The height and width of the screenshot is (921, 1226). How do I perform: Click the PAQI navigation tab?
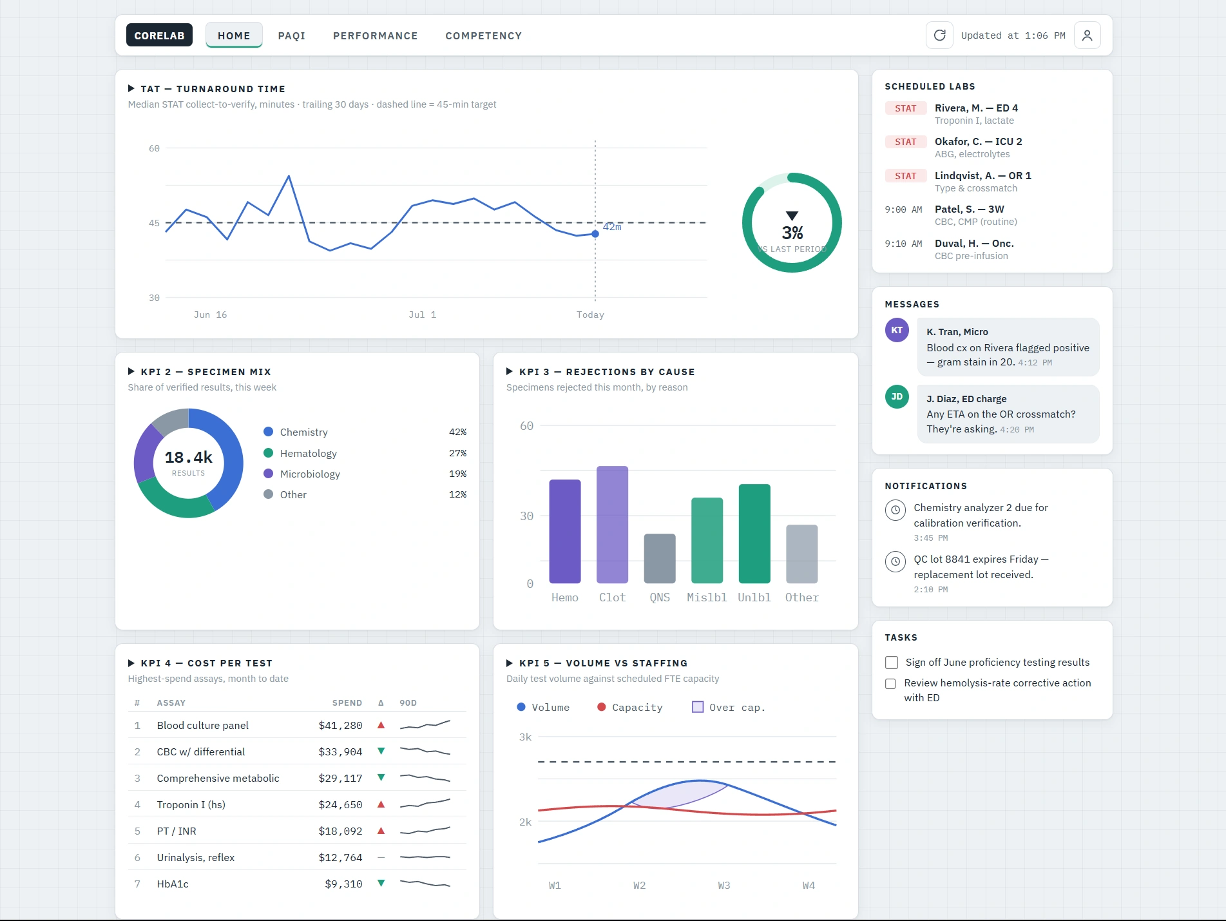pyautogui.click(x=291, y=35)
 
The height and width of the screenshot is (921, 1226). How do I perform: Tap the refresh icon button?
pyautogui.click(x=939, y=35)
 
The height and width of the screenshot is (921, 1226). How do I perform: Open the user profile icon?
pyautogui.click(x=1087, y=35)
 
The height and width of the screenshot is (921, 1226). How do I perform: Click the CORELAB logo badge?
pyautogui.click(x=159, y=35)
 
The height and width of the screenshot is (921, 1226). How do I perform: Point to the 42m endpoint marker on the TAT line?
pyautogui.click(x=595, y=234)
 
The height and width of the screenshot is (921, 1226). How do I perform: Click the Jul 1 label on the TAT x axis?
pyautogui.click(x=422, y=315)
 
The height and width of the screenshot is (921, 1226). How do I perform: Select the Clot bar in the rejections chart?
pyautogui.click(x=612, y=525)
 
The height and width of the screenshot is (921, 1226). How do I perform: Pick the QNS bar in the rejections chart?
pyautogui.click(x=660, y=559)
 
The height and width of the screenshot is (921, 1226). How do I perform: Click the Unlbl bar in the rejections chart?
pyautogui.click(x=754, y=534)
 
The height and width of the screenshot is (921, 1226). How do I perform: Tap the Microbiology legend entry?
pyautogui.click(x=302, y=474)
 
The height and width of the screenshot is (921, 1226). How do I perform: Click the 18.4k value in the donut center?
pyautogui.click(x=188, y=457)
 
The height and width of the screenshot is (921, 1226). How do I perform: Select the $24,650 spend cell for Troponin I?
pyautogui.click(x=340, y=804)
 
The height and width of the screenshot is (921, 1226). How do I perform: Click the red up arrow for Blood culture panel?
pyautogui.click(x=381, y=725)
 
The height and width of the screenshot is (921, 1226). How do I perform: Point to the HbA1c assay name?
pyautogui.click(x=173, y=884)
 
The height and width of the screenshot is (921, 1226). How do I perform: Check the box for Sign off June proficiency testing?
pyautogui.click(x=892, y=663)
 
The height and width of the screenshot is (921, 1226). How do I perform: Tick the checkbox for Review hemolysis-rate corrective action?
pyautogui.click(x=890, y=684)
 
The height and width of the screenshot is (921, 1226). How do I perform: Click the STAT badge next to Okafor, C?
pyautogui.click(x=905, y=142)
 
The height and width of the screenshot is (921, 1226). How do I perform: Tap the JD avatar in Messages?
pyautogui.click(x=897, y=396)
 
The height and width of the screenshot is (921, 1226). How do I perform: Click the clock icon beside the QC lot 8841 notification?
pyautogui.click(x=895, y=561)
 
